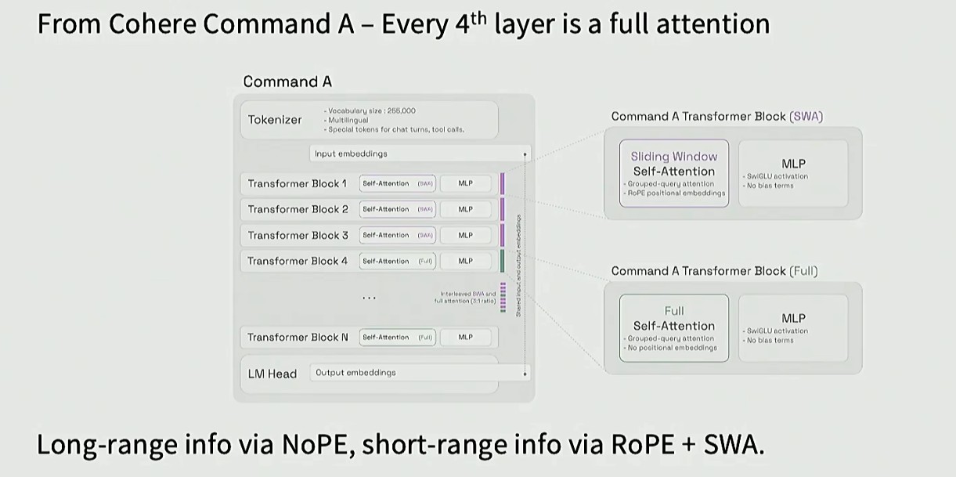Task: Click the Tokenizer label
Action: pyautogui.click(x=274, y=120)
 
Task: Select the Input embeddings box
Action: pyautogui.click(x=420, y=154)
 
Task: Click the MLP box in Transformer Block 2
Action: pyautogui.click(x=466, y=209)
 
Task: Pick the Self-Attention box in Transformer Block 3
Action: pyautogui.click(x=397, y=235)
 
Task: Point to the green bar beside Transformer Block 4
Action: pyautogui.click(x=503, y=261)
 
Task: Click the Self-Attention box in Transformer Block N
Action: pyautogui.click(x=397, y=337)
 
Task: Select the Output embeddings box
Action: pyautogui.click(x=420, y=373)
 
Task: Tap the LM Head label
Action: pyautogui.click(x=272, y=374)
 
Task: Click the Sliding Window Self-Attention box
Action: pyautogui.click(x=673, y=173)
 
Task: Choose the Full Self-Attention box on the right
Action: pyautogui.click(x=673, y=327)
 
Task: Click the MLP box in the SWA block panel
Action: pyautogui.click(x=793, y=173)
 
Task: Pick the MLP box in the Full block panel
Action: pyautogui.click(x=793, y=327)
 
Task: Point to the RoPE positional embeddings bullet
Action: pyautogui.click(x=676, y=193)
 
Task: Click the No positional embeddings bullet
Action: pyautogui.click(x=672, y=347)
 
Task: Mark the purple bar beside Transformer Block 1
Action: pyautogui.click(x=503, y=183)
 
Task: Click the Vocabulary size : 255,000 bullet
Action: pyautogui.click(x=370, y=111)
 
